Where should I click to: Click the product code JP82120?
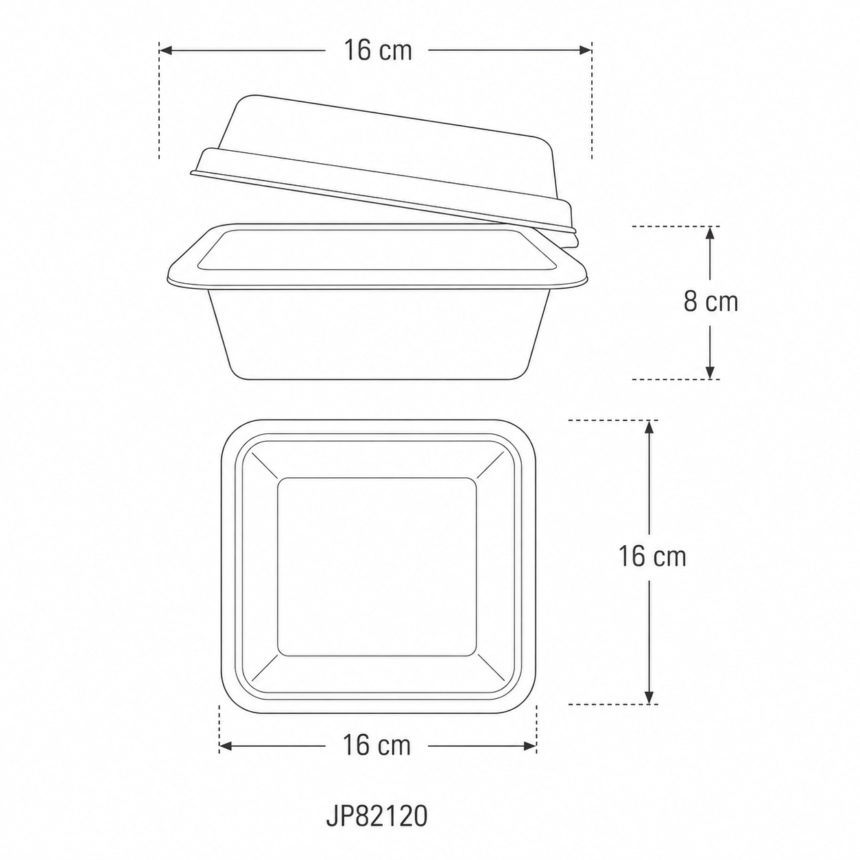[x=377, y=817]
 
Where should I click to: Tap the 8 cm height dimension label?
[x=710, y=302]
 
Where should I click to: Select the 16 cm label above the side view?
[x=377, y=50]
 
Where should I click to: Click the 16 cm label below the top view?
[x=377, y=745]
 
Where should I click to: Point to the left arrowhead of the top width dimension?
[x=165, y=51]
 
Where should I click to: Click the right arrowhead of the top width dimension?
[x=586, y=51]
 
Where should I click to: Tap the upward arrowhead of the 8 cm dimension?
[x=710, y=233]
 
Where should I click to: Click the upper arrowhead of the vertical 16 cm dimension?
[x=649, y=427]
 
